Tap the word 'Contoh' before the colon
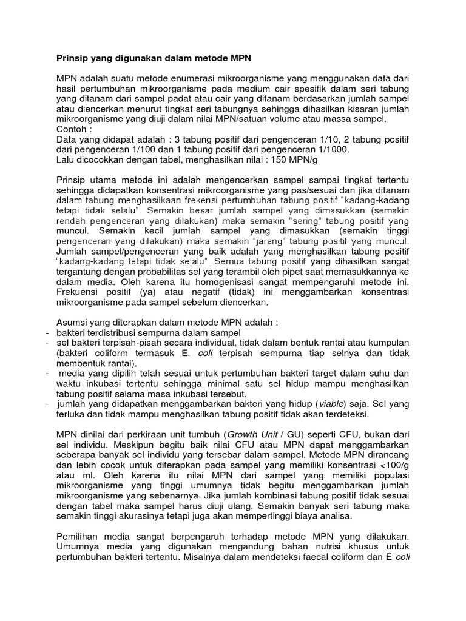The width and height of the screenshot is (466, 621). coord(70,129)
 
